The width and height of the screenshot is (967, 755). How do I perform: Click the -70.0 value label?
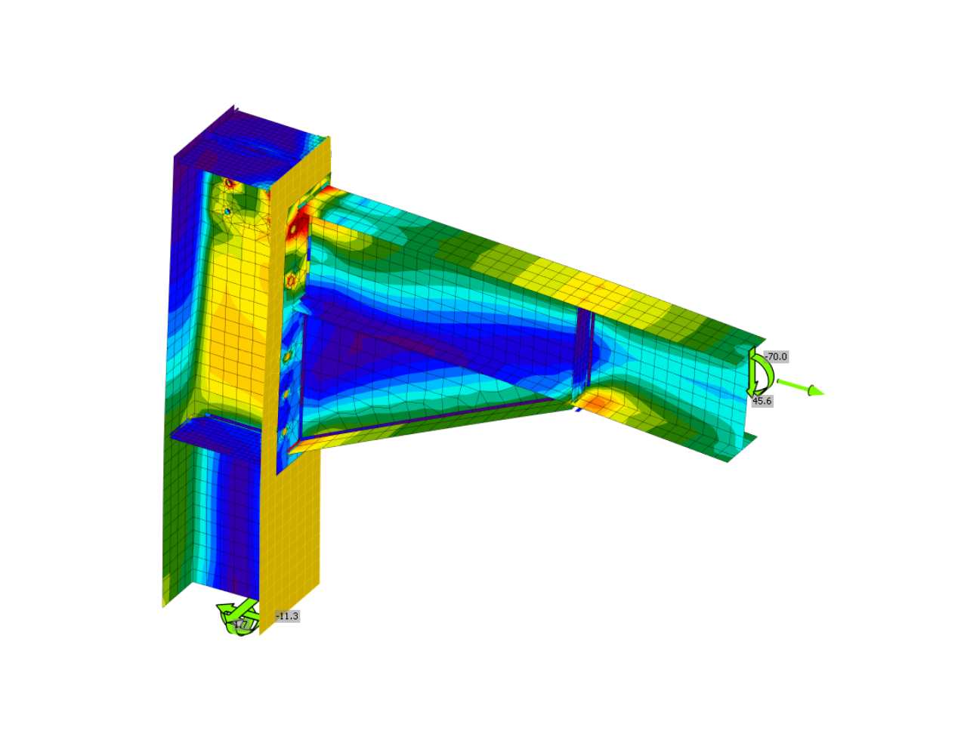click(776, 356)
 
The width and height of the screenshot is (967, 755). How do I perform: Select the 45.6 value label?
click(762, 401)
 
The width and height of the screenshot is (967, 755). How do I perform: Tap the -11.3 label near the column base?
click(287, 616)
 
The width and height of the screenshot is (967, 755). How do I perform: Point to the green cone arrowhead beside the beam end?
click(815, 390)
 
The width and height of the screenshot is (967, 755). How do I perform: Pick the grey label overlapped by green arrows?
click(241, 624)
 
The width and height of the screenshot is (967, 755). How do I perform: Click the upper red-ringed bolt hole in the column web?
click(229, 183)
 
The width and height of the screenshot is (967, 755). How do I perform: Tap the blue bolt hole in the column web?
click(227, 211)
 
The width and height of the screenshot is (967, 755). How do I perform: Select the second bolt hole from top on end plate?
click(291, 281)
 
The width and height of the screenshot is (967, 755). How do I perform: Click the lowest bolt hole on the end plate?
click(285, 433)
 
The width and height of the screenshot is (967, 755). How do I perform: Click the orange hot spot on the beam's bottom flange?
click(598, 403)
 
